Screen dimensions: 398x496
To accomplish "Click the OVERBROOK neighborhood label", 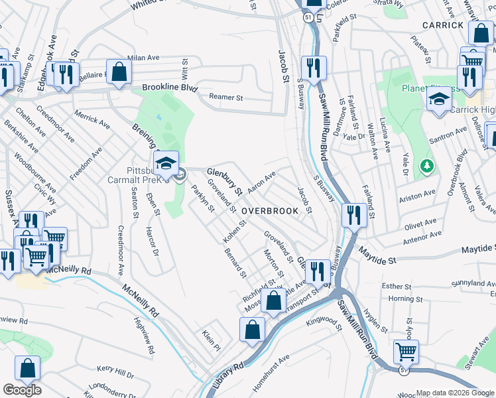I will coord(267,210).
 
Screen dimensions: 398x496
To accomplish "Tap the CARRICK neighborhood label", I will coord(443,25).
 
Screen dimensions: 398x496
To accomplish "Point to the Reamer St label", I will coord(226,97).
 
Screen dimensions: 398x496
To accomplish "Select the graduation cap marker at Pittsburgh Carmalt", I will coord(166,163).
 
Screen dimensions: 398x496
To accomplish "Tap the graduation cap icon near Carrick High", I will coord(438,100).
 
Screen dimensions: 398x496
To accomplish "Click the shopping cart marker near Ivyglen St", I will coord(406,350).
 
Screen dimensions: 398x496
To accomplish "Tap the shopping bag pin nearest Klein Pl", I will coord(253,330).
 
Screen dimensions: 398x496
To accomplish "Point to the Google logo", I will coord(21,390).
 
